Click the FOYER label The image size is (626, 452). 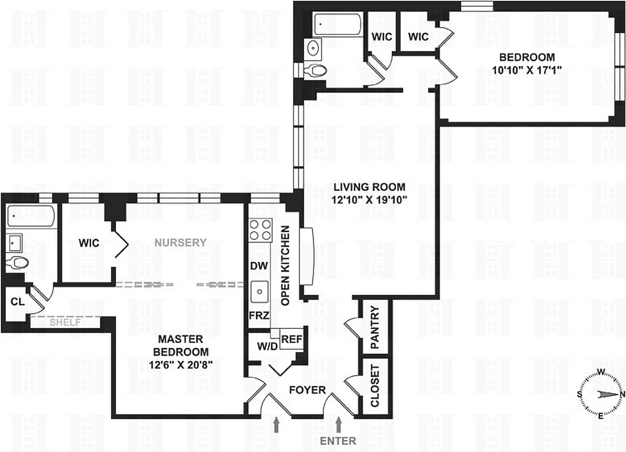pyautogui.click(x=307, y=390)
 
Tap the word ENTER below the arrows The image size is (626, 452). pyautogui.click(x=338, y=441)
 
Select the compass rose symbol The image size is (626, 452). pyautogui.click(x=602, y=394)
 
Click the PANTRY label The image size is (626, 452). pyautogui.click(x=375, y=328)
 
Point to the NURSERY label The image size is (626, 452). pyautogui.click(x=182, y=243)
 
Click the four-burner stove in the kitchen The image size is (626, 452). pyautogui.click(x=260, y=229)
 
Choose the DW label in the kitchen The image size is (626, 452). pyautogui.click(x=258, y=266)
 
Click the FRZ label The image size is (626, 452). pyautogui.click(x=259, y=316)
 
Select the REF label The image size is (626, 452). pyautogui.click(x=291, y=340)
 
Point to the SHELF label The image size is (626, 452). pyautogui.click(x=66, y=322)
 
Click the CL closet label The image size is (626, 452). pyautogui.click(x=17, y=302)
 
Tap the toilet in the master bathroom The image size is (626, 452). pyautogui.click(x=20, y=263)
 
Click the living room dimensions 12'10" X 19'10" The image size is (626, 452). pyautogui.click(x=369, y=199)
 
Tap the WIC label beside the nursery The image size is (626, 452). pyautogui.click(x=89, y=244)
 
